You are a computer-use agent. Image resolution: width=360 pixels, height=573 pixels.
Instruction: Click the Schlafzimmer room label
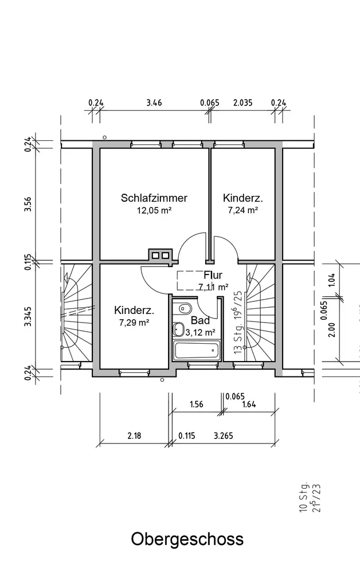pos(154,198)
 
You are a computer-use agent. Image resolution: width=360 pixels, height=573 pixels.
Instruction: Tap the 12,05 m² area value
pos(154,210)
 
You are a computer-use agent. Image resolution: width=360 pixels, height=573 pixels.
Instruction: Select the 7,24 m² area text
pos(243,210)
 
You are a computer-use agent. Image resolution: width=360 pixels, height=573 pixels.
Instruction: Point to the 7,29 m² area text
pos(134,323)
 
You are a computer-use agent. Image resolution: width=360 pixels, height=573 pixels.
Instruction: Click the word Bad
pos(201,320)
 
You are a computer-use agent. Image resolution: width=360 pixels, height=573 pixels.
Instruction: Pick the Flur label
pos(213,275)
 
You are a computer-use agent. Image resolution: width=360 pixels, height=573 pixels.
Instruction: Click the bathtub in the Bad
pos(197,350)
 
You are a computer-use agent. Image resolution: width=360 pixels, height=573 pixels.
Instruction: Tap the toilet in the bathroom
pos(179,329)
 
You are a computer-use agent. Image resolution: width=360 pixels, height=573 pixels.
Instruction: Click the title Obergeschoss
pos(187,539)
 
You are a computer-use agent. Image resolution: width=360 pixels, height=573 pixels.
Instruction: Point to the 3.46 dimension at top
pos(154,103)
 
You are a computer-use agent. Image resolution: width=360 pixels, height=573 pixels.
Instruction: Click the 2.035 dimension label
pos(243,103)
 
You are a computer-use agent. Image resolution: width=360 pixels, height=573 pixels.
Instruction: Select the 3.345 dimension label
pos(27,317)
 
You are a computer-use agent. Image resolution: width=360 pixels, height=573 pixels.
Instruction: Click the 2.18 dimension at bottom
pos(134,435)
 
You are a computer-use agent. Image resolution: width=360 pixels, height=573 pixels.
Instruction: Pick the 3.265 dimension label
pos(222,435)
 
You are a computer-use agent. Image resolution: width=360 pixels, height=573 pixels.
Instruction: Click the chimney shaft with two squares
pos(160,255)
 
